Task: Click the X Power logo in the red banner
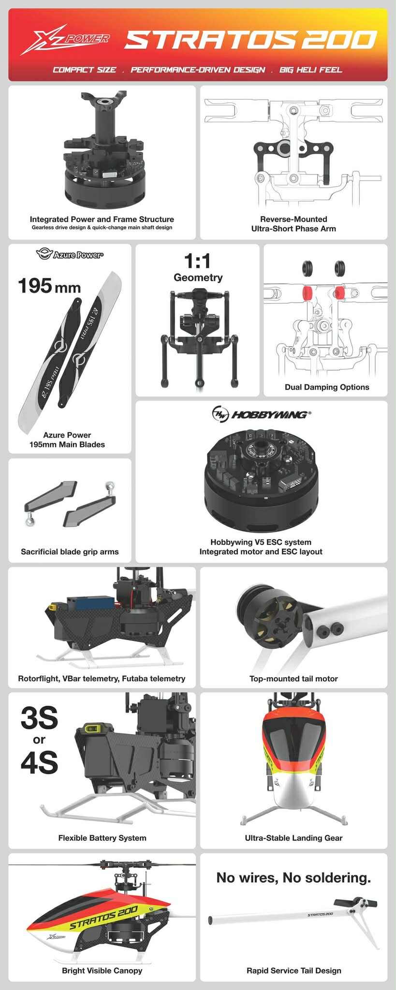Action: tap(65, 41)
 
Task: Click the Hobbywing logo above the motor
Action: tap(262, 414)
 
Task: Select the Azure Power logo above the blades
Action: tap(70, 254)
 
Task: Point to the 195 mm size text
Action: tap(49, 286)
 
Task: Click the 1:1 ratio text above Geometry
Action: tap(198, 262)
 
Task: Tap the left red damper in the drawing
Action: tap(307, 292)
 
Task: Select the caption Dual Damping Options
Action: tap(327, 387)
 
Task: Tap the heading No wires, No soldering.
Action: tap(293, 877)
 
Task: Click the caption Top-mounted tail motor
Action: tap(293, 679)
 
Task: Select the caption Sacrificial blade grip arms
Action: tap(70, 552)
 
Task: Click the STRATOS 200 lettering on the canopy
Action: tap(103, 917)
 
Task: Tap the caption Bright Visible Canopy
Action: tap(102, 971)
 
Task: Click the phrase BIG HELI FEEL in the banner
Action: tap(310, 70)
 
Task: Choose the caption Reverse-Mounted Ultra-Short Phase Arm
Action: tap(293, 224)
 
